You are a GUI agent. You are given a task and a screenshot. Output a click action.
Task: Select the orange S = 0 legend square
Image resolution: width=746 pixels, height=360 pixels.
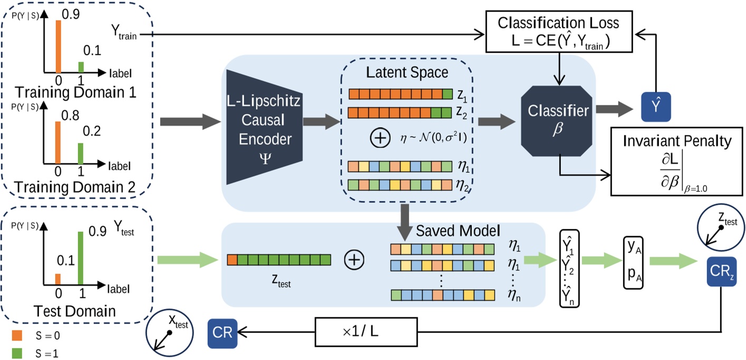coord(17,335)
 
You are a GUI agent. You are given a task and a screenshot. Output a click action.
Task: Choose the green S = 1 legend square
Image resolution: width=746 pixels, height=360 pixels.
coord(17,352)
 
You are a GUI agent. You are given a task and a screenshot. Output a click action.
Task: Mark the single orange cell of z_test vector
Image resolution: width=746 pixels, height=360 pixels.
coord(232,259)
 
